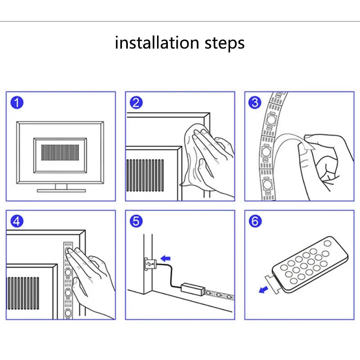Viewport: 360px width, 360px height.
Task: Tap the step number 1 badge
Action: (x=17, y=103)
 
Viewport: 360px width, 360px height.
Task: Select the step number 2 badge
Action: (x=136, y=103)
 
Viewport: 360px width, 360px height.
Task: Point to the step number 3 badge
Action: (x=255, y=103)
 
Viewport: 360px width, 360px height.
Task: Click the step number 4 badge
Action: (x=17, y=221)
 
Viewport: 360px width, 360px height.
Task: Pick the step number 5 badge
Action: (x=136, y=221)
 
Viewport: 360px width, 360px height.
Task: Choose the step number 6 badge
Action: (x=255, y=221)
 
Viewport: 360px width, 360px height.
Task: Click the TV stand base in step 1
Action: (x=61, y=190)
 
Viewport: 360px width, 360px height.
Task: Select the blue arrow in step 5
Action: (x=166, y=258)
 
